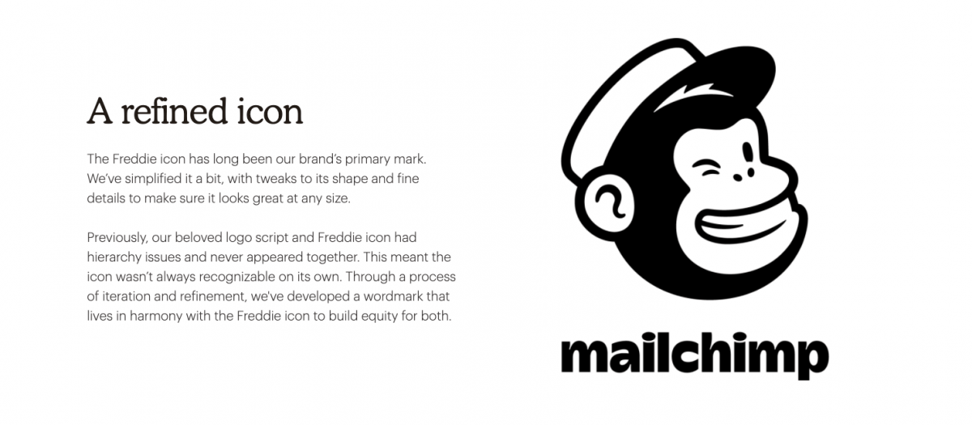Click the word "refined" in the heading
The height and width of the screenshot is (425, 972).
coord(173,111)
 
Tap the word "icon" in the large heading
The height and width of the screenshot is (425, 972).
coord(270,111)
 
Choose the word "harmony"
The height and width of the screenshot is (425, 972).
coord(156,317)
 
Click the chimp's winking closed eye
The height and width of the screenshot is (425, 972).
coord(706,168)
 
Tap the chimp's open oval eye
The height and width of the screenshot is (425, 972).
coord(748,153)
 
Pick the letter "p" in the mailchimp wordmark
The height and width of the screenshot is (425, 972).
coord(811,359)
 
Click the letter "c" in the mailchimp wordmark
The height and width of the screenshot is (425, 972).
coord(686,356)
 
